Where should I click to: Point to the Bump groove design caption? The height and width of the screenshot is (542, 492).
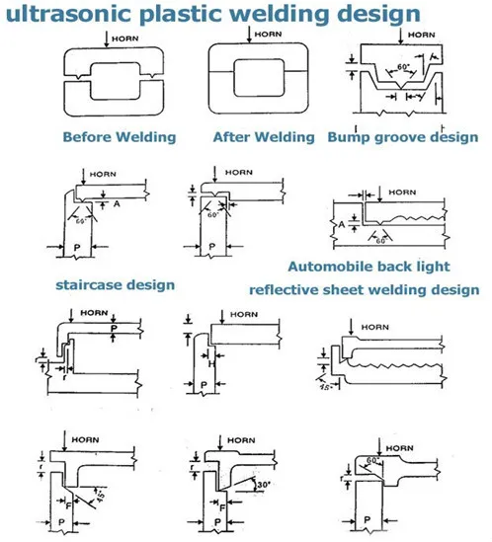point(405,136)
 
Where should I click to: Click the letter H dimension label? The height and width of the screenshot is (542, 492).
point(213,361)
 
